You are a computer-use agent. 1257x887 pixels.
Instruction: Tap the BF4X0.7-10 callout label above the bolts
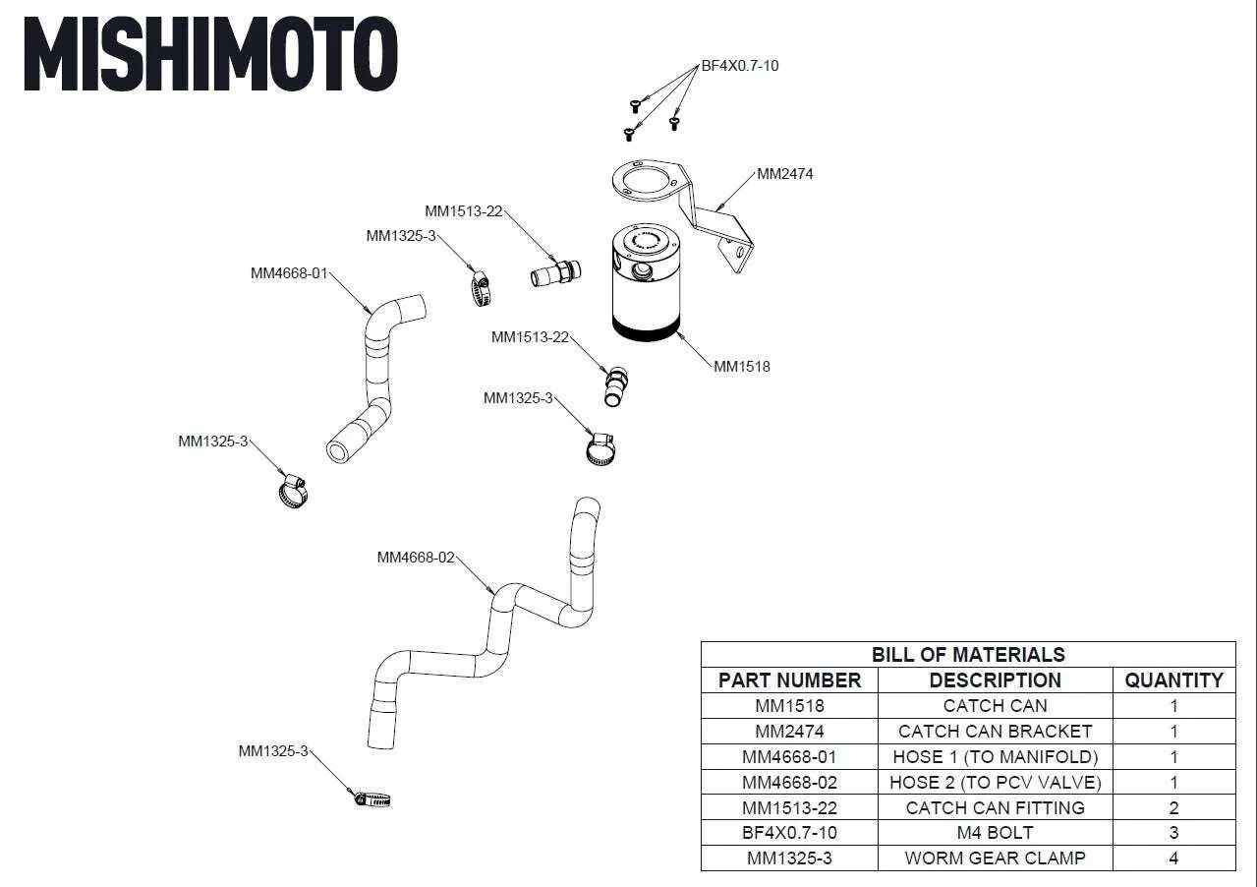(740, 66)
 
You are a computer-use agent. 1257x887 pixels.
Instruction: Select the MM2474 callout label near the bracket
(784, 174)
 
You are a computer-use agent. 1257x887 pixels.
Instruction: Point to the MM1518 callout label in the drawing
(742, 367)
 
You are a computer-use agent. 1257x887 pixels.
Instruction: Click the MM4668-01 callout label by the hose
(289, 273)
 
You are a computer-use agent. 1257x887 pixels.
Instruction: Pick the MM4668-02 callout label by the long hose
(416, 558)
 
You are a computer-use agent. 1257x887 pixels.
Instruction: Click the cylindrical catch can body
(644, 285)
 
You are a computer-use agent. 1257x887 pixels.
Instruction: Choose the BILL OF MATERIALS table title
(968, 655)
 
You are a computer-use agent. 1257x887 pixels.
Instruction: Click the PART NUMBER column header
(789, 680)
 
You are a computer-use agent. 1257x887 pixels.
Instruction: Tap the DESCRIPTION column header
(995, 680)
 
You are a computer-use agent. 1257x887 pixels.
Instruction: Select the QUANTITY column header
(1173, 680)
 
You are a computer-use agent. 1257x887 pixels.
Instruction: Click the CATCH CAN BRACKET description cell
(995, 732)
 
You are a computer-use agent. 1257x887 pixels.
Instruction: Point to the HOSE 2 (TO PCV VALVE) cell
(995, 783)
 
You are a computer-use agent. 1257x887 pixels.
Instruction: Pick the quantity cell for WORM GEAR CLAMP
(1173, 858)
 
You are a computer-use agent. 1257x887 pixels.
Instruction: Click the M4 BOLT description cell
(995, 833)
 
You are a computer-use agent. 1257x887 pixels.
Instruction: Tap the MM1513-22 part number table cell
(789, 808)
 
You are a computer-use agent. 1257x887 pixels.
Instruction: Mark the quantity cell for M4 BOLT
(1173, 833)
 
